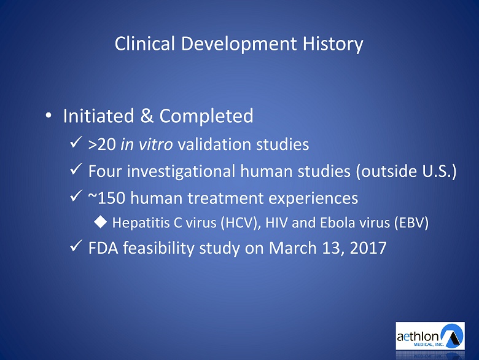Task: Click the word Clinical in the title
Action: [x=144, y=44]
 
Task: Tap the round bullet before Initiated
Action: [x=49, y=116]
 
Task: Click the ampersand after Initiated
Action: [x=147, y=116]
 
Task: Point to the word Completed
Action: [x=206, y=117]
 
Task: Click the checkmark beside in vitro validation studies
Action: [x=76, y=142]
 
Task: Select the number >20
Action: [x=102, y=144]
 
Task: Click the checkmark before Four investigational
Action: [x=76, y=168]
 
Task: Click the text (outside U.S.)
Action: [x=406, y=171]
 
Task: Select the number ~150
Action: [x=107, y=198]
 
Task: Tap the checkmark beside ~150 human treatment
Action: [x=76, y=195]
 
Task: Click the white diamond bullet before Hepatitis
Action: [x=101, y=222]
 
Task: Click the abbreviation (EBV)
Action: [x=411, y=223]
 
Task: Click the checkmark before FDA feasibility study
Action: [x=76, y=245]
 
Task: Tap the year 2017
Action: [x=368, y=248]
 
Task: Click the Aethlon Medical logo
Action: [x=430, y=336]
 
